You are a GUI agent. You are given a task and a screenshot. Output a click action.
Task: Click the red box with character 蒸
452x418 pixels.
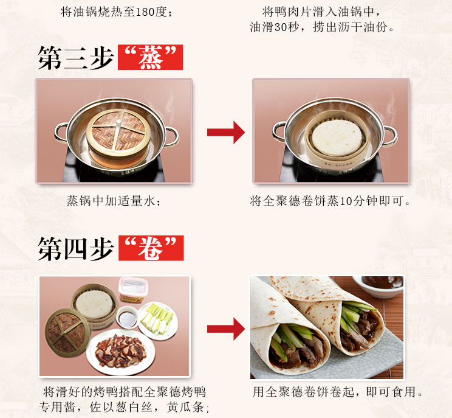pyautogui.click(x=150, y=57)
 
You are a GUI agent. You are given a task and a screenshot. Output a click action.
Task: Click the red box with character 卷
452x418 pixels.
pyautogui.click(x=151, y=248)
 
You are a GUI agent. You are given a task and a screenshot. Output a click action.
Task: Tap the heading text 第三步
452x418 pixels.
pyautogui.click(x=75, y=58)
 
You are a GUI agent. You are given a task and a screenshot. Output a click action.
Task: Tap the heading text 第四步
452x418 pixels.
pyautogui.click(x=75, y=248)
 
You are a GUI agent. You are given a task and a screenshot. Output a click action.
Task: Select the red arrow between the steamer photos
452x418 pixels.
pyautogui.click(x=226, y=132)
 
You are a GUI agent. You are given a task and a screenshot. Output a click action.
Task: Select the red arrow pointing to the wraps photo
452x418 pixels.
pyautogui.click(x=226, y=329)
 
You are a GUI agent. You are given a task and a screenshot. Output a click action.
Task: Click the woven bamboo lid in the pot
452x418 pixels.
pyautogui.click(x=118, y=130)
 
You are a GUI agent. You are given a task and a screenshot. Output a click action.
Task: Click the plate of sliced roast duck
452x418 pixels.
pyautogui.click(x=121, y=351)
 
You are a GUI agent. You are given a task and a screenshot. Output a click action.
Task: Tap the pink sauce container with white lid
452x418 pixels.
pyautogui.click(x=133, y=290)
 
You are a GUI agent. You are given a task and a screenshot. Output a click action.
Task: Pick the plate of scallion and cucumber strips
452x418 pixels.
pyautogui.click(x=158, y=321)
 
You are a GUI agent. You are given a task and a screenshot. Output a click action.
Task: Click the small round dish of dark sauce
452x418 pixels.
pyautogui.click(x=127, y=317)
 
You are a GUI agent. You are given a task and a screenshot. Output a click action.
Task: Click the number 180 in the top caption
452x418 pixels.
pyautogui.click(x=145, y=12)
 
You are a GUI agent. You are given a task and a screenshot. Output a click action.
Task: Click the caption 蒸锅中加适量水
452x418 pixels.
pyautogui.click(x=114, y=201)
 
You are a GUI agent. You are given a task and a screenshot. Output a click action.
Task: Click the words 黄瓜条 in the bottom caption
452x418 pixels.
pyautogui.click(x=185, y=407)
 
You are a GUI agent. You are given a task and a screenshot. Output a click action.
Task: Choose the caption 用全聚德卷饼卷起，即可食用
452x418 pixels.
pyautogui.click(x=338, y=392)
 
